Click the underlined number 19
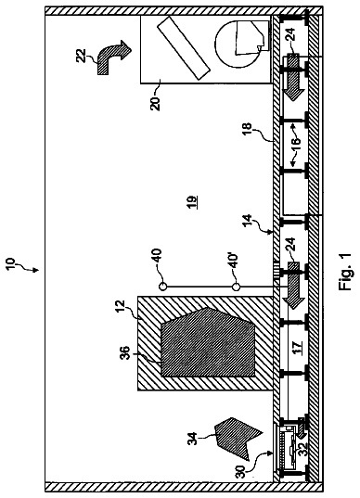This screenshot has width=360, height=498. point(191,202)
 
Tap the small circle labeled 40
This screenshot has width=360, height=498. point(162,287)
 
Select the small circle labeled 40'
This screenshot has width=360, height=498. point(235,287)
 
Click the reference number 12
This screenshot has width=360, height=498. point(121,307)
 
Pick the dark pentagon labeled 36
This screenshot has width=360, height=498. point(208,342)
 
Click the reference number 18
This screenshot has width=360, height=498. point(248,130)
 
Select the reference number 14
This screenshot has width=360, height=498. point(248,221)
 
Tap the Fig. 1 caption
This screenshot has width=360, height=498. point(344,272)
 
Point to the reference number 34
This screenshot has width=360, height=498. point(193,439)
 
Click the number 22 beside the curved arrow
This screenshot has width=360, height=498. point(82,56)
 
